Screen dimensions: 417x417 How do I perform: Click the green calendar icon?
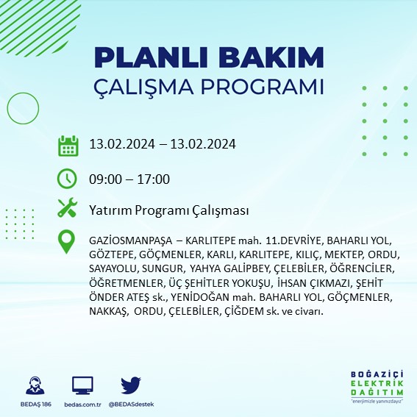68,145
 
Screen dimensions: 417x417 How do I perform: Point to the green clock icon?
68,178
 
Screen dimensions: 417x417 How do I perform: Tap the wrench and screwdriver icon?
68,209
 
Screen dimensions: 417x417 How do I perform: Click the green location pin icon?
68,242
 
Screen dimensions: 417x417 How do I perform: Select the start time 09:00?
103,179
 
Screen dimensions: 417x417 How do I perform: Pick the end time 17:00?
154,179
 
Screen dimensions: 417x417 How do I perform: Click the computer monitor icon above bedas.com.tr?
82,385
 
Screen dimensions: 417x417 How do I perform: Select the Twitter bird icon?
131,385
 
